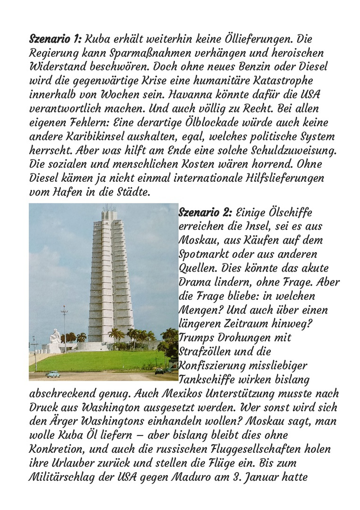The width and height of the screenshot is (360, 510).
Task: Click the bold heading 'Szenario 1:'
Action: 56,39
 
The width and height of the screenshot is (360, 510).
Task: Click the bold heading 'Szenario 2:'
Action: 205,212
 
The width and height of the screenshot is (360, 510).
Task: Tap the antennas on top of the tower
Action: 109,208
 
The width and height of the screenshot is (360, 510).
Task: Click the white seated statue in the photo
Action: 55,336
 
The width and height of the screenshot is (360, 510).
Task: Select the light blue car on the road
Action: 52,374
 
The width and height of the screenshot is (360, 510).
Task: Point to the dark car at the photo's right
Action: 160,371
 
